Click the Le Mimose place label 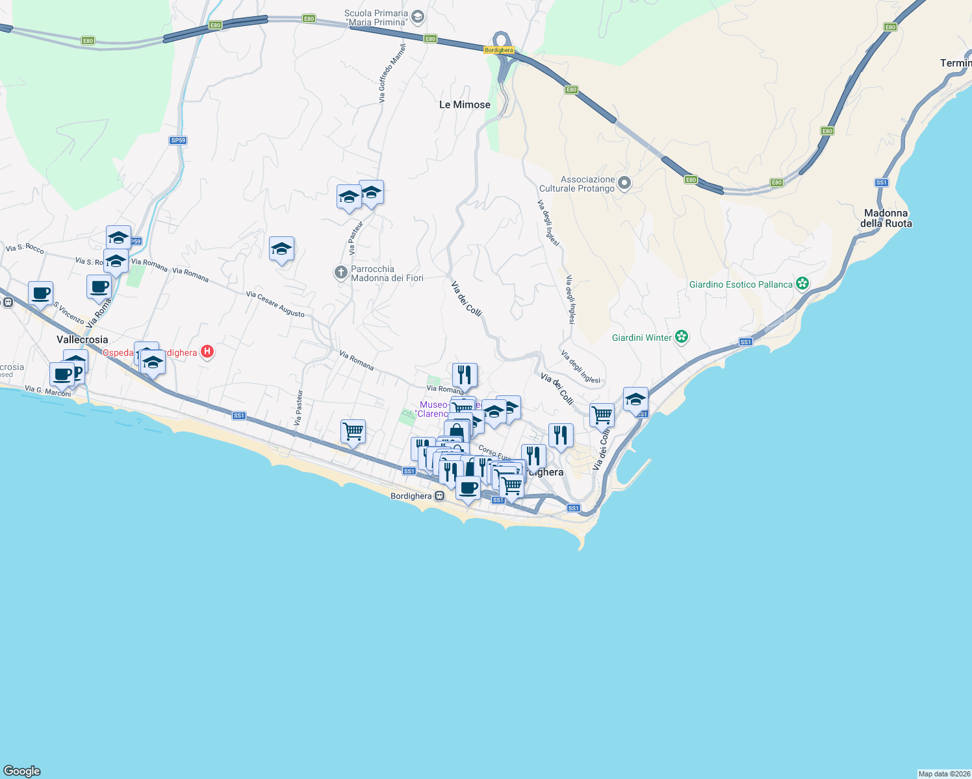[x=465, y=105]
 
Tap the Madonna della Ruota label [x=886, y=218]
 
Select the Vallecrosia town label [x=83, y=340]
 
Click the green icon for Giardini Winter [x=681, y=336]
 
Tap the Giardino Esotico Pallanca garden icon [x=802, y=283]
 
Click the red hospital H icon [x=207, y=352]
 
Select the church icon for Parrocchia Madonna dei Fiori [x=340, y=273]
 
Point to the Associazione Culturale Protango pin [x=624, y=183]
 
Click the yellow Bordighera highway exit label [x=498, y=50]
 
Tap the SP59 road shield [x=178, y=140]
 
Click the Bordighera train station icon [x=440, y=496]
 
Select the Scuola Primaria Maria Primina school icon [x=418, y=16]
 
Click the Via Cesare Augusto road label [x=275, y=304]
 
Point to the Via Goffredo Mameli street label [x=392, y=73]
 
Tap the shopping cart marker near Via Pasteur [x=353, y=430]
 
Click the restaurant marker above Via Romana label [x=465, y=375]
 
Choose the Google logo [x=22, y=771]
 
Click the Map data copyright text [x=944, y=774]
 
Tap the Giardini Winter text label [x=641, y=338]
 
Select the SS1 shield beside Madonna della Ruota [x=881, y=182]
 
